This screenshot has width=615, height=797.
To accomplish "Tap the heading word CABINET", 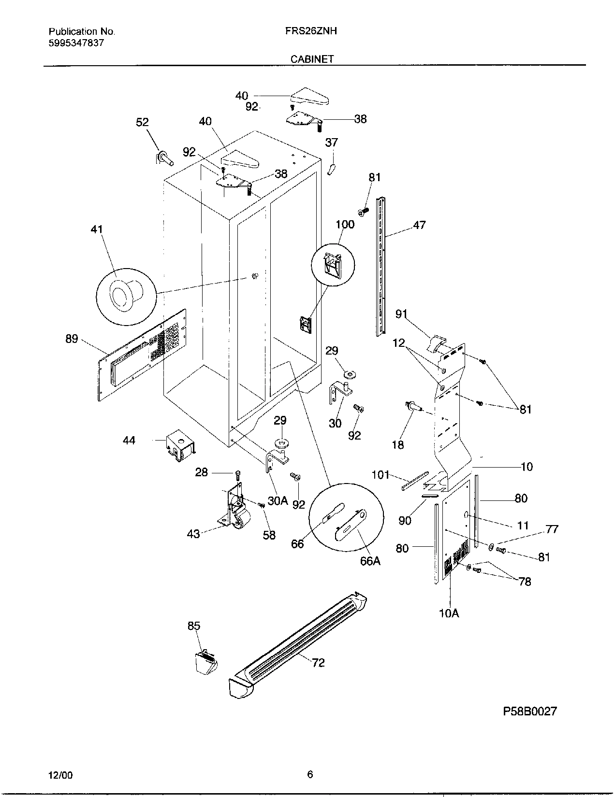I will [x=312, y=59].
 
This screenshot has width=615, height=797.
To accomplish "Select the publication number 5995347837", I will [x=76, y=43].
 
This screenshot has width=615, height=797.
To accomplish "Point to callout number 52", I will [x=142, y=122].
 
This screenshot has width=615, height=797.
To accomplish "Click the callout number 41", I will [x=97, y=228].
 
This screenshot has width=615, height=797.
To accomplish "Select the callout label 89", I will [x=72, y=339].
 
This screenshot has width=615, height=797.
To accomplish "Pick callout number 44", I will [x=129, y=440].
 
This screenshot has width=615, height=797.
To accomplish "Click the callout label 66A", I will [x=370, y=561].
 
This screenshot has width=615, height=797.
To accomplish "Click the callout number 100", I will [x=345, y=224].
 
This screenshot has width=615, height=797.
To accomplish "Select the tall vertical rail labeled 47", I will [x=381, y=266].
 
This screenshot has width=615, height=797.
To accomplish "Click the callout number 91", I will [x=401, y=314].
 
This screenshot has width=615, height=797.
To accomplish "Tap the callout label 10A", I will [x=449, y=613].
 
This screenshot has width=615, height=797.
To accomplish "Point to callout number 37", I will [x=331, y=142].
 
